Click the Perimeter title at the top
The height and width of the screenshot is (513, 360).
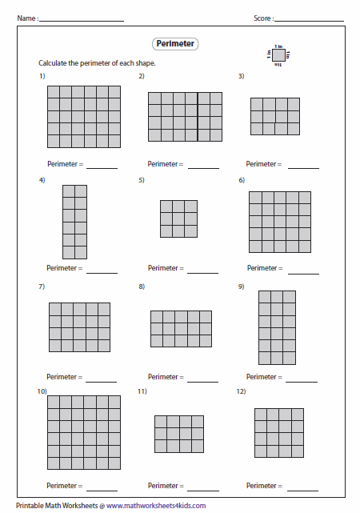174,44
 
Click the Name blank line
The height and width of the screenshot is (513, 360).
81,19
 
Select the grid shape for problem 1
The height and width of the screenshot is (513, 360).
83,117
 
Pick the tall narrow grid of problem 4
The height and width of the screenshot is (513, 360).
74,221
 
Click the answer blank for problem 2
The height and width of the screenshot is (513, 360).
203,167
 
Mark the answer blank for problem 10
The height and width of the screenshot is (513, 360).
102,489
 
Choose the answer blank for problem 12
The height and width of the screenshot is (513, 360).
304,489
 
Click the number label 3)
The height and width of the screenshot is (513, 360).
241,76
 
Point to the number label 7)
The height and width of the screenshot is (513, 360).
42,286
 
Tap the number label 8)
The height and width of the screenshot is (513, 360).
142,286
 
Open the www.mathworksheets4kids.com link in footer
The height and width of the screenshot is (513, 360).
156,505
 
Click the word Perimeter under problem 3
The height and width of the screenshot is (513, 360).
262,164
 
